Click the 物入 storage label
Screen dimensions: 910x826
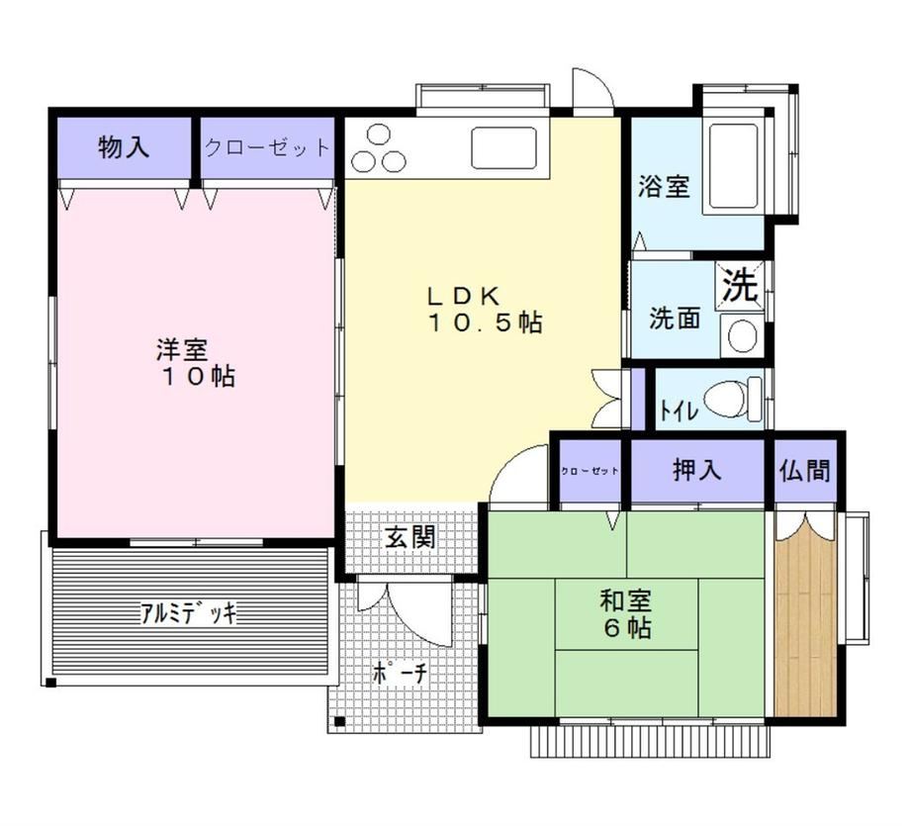click(124, 146)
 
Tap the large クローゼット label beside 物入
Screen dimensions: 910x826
click(267, 147)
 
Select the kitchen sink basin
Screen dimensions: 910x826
click(503, 147)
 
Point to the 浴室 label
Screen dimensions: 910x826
click(664, 186)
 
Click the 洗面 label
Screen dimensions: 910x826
click(675, 318)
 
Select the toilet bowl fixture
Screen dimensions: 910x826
click(732, 400)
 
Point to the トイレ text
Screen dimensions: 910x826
click(679, 411)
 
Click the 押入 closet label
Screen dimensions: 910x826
click(697, 470)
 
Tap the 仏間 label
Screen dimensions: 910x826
click(805, 470)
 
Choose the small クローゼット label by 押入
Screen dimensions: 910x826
click(590, 471)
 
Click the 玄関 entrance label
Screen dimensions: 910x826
click(409, 538)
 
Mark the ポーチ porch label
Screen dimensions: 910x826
click(400, 673)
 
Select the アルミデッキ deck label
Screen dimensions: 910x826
click(189, 612)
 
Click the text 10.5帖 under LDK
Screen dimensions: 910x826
click(486, 322)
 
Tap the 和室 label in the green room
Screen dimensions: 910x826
click(625, 600)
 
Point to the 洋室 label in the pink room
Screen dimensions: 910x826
click(182, 350)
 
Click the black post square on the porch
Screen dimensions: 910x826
click(339, 722)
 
